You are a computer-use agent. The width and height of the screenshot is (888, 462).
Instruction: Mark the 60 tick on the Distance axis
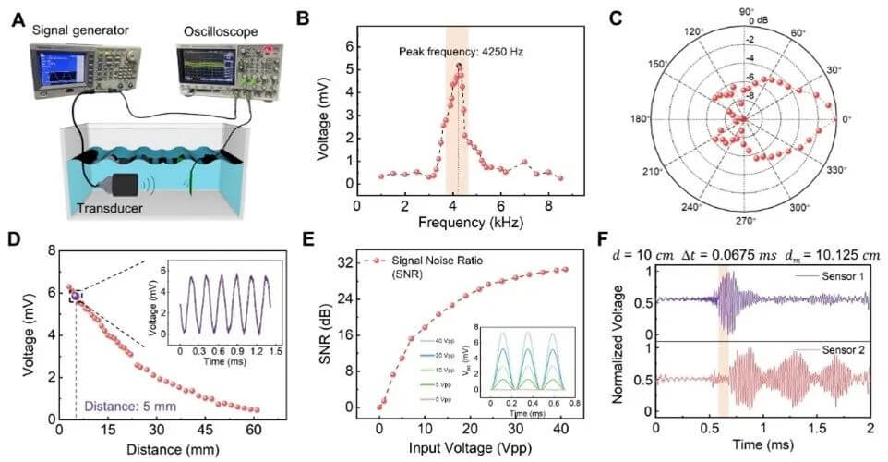(254, 429)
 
